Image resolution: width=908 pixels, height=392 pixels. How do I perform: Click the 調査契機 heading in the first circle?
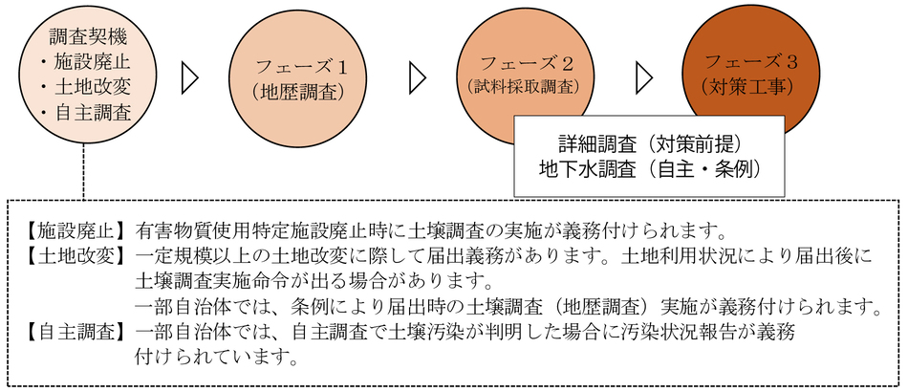[x=89, y=39]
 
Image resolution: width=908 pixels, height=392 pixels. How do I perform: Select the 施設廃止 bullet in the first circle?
[x=86, y=61]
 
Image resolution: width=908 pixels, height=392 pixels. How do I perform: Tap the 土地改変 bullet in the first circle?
[x=86, y=86]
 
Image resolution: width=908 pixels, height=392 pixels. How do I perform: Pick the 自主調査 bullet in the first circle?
[x=86, y=112]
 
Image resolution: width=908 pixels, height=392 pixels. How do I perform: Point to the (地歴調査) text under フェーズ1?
[x=295, y=92]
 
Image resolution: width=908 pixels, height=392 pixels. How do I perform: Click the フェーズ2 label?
[x=528, y=62]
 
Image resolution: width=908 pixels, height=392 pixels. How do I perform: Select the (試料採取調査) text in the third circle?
[x=523, y=86]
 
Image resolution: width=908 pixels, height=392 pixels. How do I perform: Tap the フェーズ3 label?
[x=751, y=62]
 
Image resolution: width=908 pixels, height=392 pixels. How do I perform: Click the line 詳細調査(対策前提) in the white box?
[x=650, y=143]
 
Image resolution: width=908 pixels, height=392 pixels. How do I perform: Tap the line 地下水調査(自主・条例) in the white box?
[x=649, y=169]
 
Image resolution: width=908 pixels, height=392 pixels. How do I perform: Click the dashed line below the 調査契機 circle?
[x=84, y=171]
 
